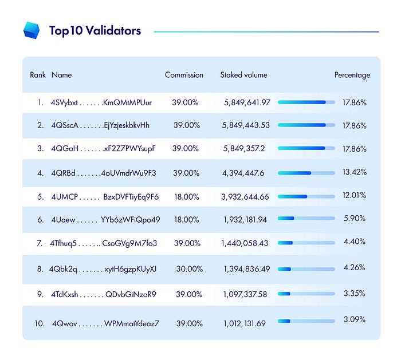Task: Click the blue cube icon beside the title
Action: coord(32,30)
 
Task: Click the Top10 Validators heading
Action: coord(95,31)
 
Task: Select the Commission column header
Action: coord(184,75)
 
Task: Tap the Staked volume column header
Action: coord(243,75)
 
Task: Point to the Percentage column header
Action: coord(352,75)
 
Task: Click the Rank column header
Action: coord(38,75)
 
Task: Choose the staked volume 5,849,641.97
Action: coord(247,102)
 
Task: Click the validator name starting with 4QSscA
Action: coord(100,125)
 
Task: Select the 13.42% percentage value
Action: coord(354,172)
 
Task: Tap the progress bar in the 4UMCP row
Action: coord(306,196)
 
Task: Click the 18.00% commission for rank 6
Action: coord(185,219)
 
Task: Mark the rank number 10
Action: coord(39,323)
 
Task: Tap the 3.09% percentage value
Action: coord(354,319)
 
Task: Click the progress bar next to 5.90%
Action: coord(306,218)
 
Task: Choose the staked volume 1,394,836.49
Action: coord(247,268)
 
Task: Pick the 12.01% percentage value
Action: coord(354,195)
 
